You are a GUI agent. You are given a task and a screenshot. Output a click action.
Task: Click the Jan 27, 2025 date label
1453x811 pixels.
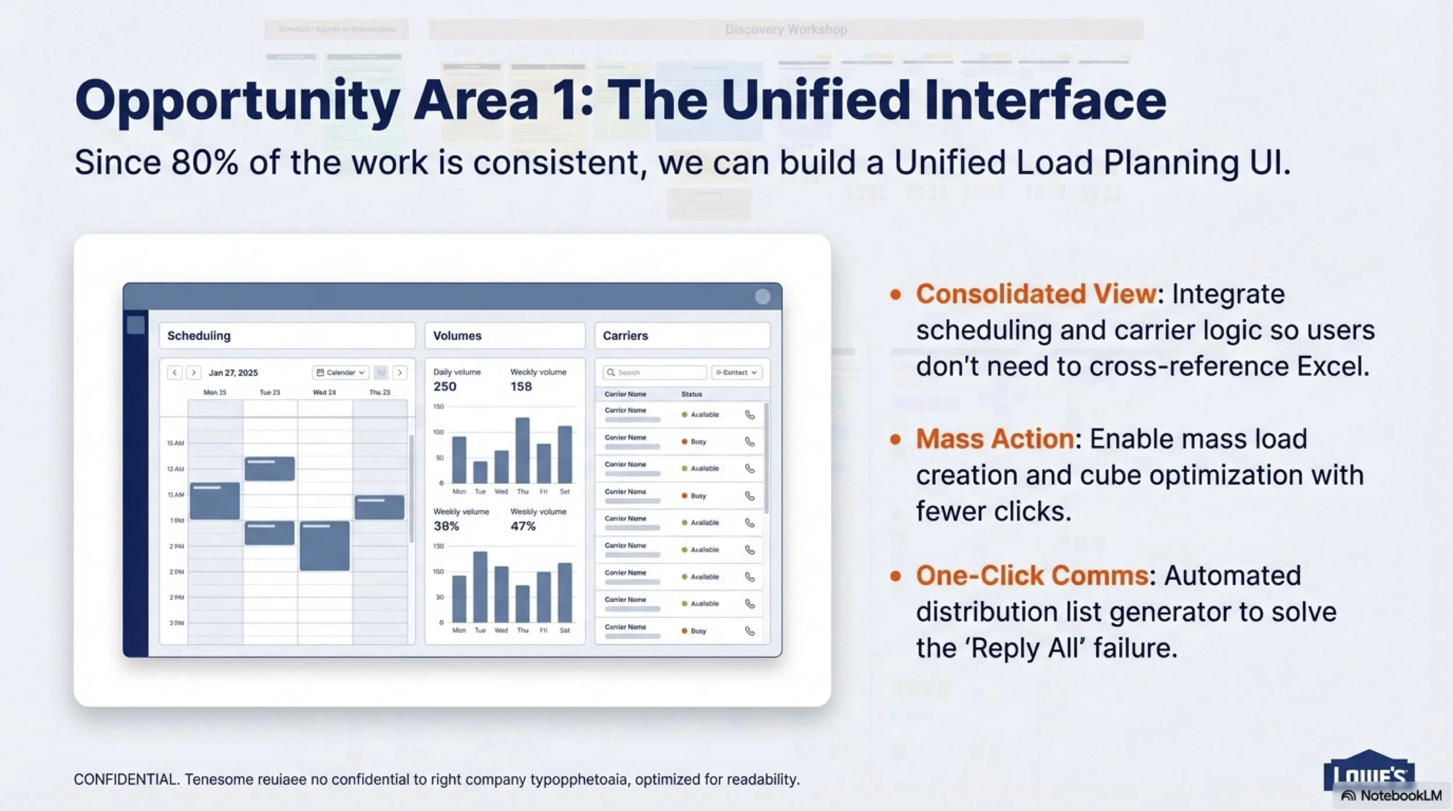pyautogui.click(x=233, y=373)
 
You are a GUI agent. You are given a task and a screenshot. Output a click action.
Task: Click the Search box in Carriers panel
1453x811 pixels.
pyautogui.click(x=655, y=373)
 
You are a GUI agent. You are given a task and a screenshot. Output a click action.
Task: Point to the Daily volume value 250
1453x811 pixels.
pyautogui.click(x=445, y=387)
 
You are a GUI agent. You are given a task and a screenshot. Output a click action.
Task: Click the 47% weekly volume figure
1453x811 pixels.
pyautogui.click(x=522, y=526)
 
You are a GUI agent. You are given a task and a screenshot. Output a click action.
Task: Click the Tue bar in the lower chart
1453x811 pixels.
pyautogui.click(x=480, y=587)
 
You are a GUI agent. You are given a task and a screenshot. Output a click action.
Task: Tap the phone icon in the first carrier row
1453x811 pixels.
pyautogui.click(x=750, y=415)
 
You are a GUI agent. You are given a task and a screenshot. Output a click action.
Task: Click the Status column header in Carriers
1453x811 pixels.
pyautogui.click(x=691, y=394)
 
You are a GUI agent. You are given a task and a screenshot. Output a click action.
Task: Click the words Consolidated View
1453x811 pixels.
pyautogui.click(x=1036, y=294)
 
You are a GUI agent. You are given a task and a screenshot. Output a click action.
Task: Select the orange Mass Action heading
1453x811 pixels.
pyautogui.click(x=994, y=439)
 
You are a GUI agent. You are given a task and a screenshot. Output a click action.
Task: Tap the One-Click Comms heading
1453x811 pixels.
pyautogui.click(x=1032, y=576)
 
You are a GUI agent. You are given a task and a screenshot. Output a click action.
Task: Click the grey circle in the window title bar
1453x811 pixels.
pyautogui.click(x=762, y=296)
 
